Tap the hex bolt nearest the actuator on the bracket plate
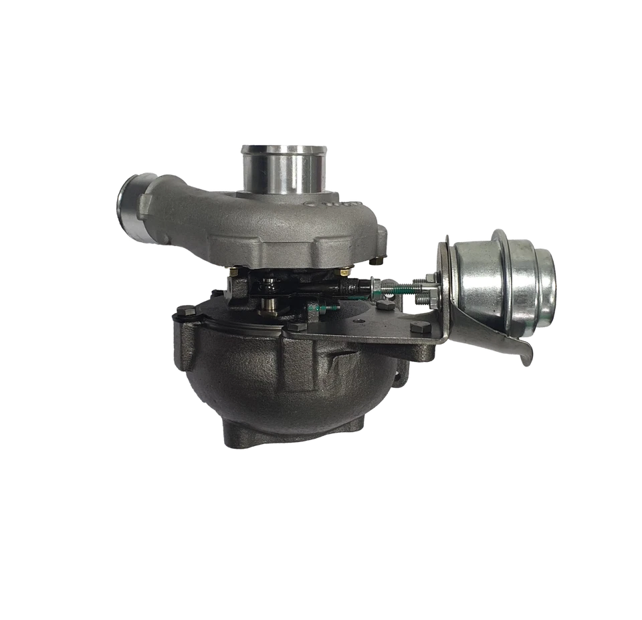(x=419, y=329)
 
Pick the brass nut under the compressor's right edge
(x=344, y=272)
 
